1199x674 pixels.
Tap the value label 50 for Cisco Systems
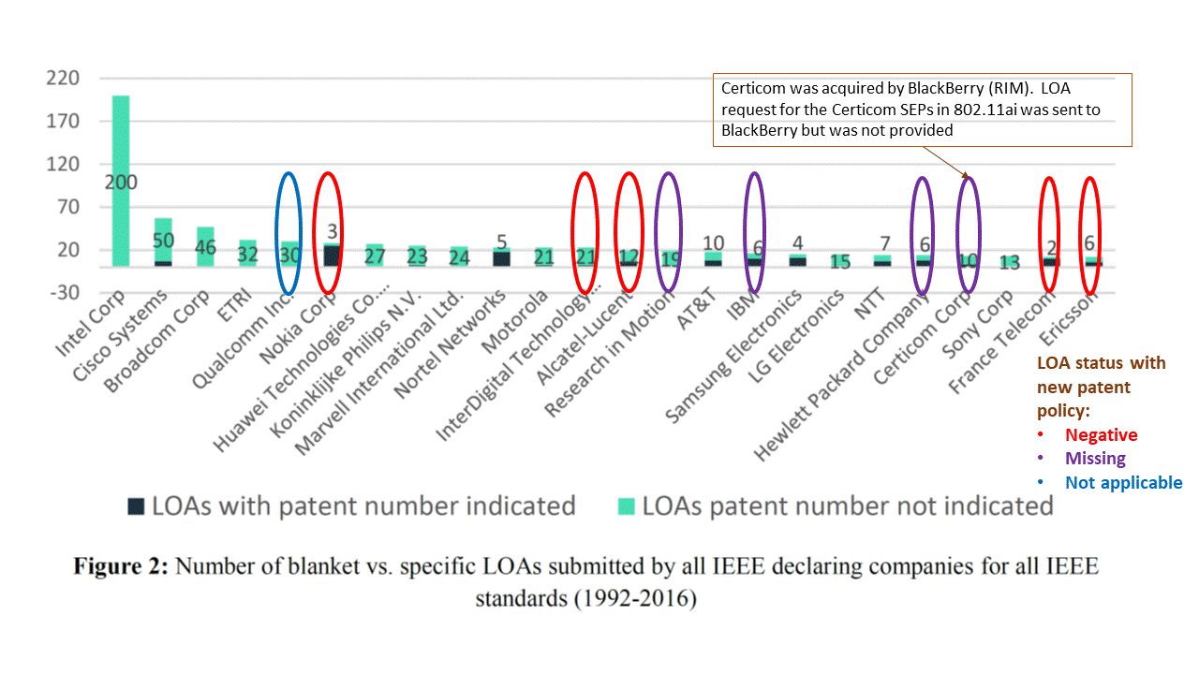(x=164, y=241)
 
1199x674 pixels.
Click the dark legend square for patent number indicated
(x=137, y=506)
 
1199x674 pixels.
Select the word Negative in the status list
(x=1101, y=434)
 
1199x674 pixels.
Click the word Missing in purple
(x=1095, y=459)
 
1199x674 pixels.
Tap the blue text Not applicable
(x=1123, y=483)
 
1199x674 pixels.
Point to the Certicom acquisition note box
(x=922, y=110)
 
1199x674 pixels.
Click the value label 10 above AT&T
(x=713, y=243)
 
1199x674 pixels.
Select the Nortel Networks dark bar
(x=501, y=258)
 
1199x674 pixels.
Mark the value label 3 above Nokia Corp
(x=333, y=231)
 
